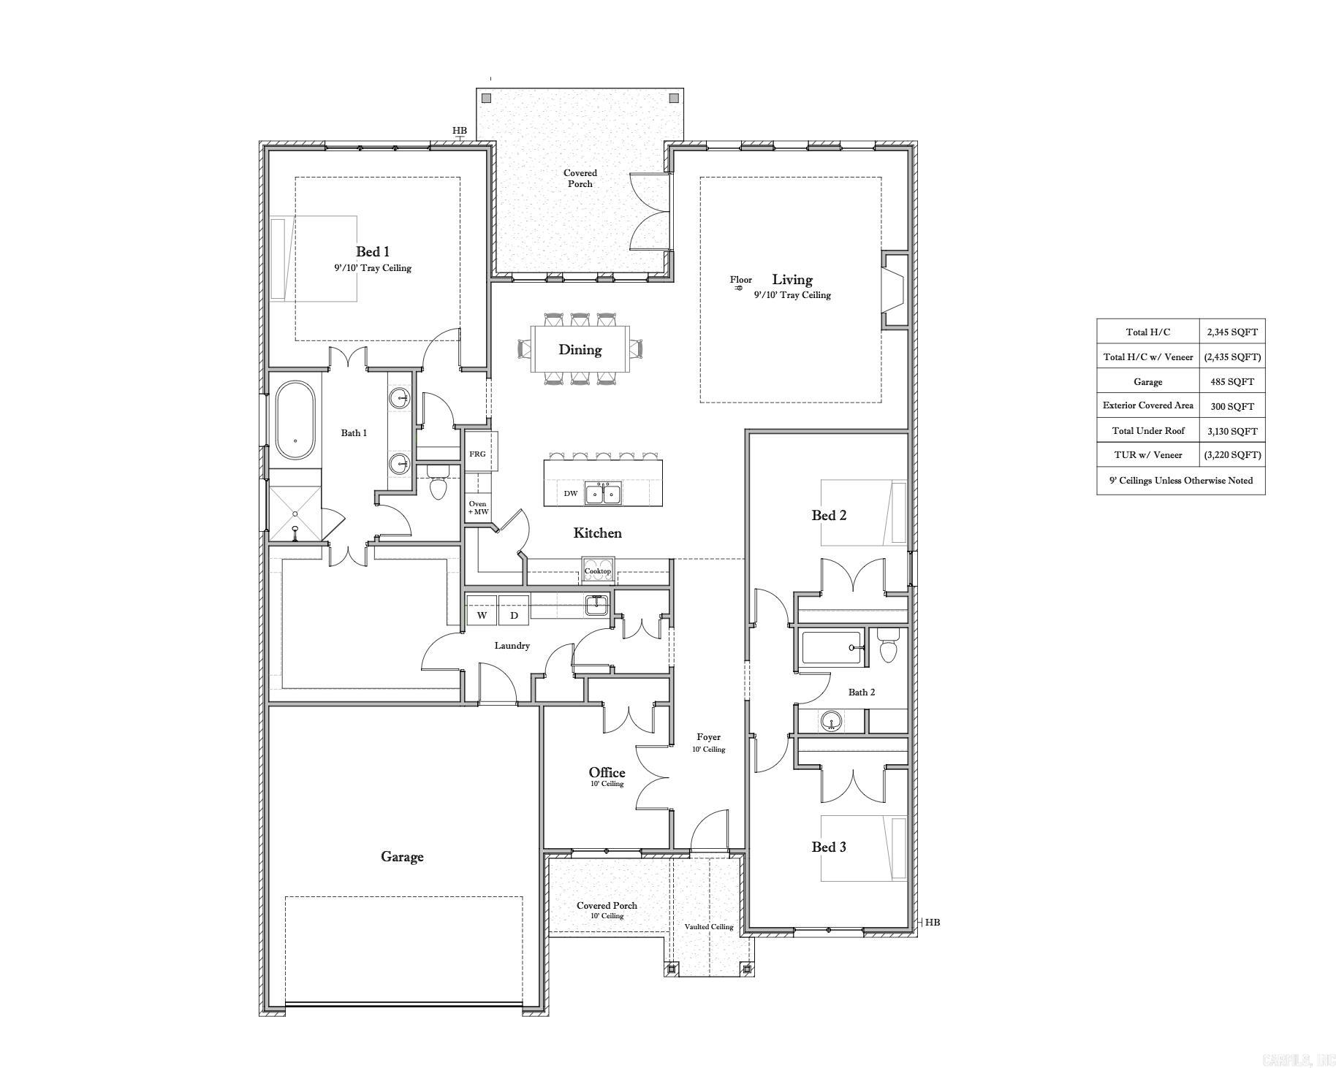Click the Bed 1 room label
coord(372,252)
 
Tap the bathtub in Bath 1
coord(295,420)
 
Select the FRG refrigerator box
coord(477,454)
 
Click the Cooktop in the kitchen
coord(597,571)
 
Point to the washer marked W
coord(482,615)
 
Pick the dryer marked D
coord(514,615)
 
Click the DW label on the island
coord(571,494)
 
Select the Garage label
coord(401,857)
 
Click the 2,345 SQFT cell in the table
coord(1232,332)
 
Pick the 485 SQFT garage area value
coord(1232,381)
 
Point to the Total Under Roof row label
coord(1147,431)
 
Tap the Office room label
coord(607,773)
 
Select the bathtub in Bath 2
coord(832,648)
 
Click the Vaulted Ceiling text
coord(708,927)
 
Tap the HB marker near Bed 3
coord(932,923)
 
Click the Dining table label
coord(580,350)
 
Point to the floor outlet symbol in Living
coord(738,288)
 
